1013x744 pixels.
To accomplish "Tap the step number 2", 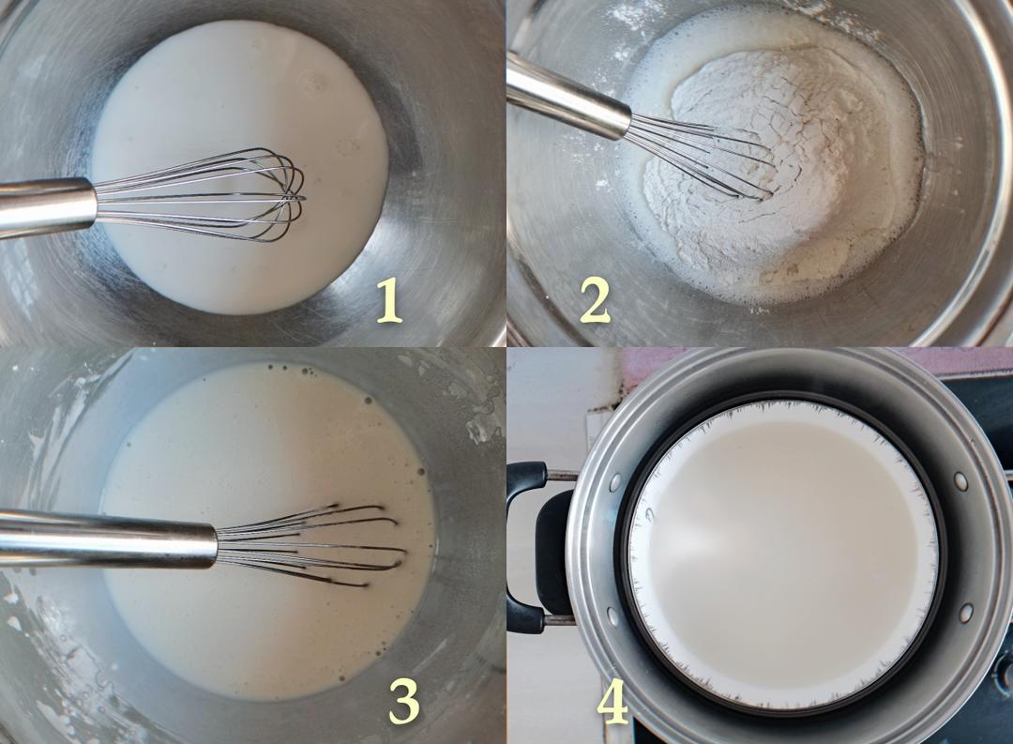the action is [595, 302].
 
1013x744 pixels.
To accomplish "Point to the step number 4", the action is [612, 704].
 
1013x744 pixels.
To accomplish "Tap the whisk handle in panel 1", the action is [48, 206].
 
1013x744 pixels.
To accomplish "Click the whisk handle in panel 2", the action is [567, 97].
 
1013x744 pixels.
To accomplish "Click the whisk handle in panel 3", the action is [107, 539].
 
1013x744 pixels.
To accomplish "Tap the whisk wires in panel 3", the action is [311, 544].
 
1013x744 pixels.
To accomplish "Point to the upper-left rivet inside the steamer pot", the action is [614, 481].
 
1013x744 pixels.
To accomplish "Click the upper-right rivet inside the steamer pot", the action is [961, 481].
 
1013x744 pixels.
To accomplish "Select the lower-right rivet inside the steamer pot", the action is [966, 612].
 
